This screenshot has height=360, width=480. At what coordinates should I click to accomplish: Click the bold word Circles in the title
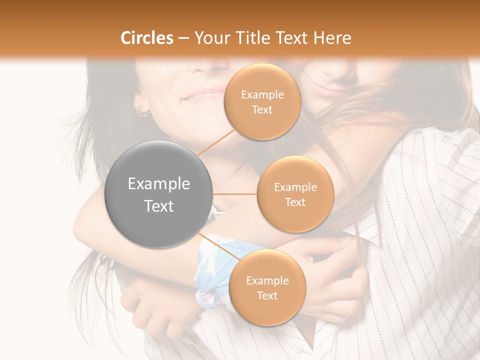click(x=146, y=38)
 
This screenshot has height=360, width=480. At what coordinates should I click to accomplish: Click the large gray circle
click(x=159, y=194)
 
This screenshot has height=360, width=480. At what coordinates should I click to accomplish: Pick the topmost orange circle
click(x=262, y=101)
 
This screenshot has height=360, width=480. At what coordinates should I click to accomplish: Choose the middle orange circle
click(x=295, y=194)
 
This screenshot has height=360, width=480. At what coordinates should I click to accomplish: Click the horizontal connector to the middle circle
click(x=235, y=194)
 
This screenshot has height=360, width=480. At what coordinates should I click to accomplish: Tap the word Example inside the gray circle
click(x=159, y=184)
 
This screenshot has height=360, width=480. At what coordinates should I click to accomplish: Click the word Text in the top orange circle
click(x=262, y=109)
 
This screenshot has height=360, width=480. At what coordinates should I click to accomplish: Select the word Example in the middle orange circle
click(x=295, y=187)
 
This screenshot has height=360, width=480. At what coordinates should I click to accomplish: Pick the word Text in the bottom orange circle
click(x=267, y=295)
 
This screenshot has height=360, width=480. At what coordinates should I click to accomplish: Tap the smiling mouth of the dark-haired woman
click(x=202, y=95)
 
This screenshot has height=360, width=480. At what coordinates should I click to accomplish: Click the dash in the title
click(x=183, y=38)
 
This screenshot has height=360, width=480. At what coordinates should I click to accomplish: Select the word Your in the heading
click(x=211, y=38)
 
